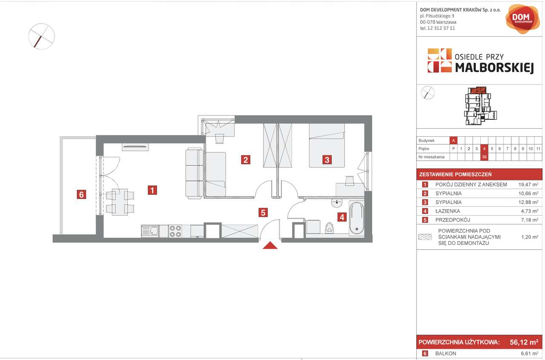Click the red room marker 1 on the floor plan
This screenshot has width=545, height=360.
[x=152, y=190]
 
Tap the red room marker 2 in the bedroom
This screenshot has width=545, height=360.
[x=245, y=160]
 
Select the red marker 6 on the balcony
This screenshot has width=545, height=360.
[x=82, y=195]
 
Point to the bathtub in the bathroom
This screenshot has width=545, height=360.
[x=356, y=218]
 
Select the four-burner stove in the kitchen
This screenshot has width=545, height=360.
[x=175, y=231]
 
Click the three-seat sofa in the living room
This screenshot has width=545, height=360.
[x=195, y=173]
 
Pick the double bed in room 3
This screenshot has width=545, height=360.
[x=327, y=146]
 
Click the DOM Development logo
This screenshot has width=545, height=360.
[x=522, y=18]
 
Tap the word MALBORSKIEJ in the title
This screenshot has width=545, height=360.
[x=494, y=67]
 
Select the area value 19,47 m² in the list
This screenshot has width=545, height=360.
[x=528, y=185]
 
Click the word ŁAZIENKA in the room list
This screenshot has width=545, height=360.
[x=447, y=211]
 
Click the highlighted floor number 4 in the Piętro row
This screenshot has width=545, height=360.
[x=484, y=149]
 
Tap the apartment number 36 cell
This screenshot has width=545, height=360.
[x=484, y=157]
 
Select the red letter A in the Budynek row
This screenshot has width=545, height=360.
[x=453, y=141]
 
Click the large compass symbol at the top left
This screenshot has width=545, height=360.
[x=41, y=36]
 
